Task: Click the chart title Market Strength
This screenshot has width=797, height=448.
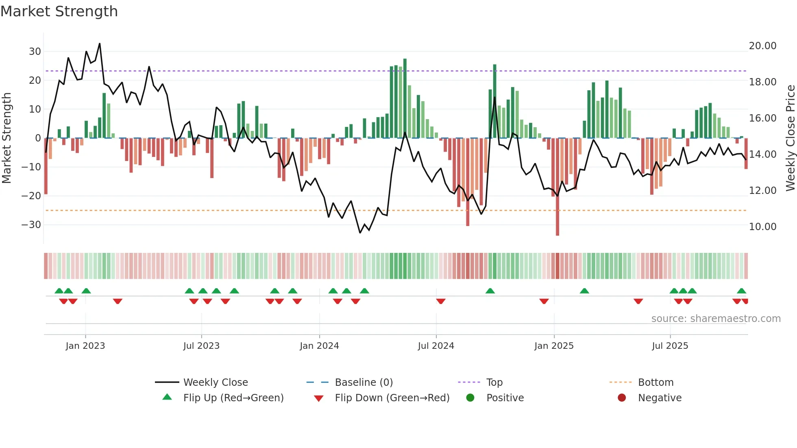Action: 59,11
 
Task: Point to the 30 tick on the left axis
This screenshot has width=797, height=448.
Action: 35,52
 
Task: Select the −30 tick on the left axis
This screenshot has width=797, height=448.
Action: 32,225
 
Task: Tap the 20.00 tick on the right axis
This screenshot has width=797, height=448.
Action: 762,46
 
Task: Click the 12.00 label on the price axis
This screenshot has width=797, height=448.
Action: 762,191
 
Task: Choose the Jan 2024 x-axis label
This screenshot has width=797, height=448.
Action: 319,346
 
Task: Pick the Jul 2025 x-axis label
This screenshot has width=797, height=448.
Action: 670,346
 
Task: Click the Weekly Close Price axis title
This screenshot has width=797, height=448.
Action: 790,138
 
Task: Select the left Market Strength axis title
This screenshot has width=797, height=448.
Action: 7,138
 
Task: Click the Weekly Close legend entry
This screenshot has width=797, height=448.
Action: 215,383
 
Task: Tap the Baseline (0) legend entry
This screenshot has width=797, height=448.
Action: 364,383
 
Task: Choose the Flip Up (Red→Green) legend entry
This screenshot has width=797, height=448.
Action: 233,398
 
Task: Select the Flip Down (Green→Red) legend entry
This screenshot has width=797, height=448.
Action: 392,398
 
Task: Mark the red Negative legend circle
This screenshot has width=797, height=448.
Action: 622,398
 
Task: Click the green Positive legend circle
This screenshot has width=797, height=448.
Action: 470,398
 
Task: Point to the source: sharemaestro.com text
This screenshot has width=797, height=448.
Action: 716,319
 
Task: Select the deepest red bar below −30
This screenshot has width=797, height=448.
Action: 557,187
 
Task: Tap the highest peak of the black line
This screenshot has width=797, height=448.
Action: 100,44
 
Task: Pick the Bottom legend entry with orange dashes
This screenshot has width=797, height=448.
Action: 655,383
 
